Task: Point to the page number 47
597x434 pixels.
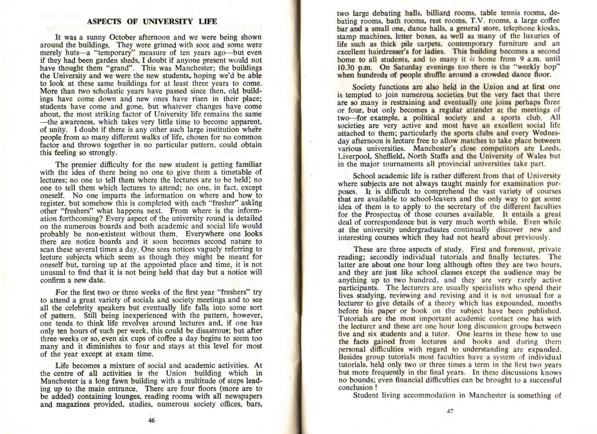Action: pyautogui.click(x=449, y=411)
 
